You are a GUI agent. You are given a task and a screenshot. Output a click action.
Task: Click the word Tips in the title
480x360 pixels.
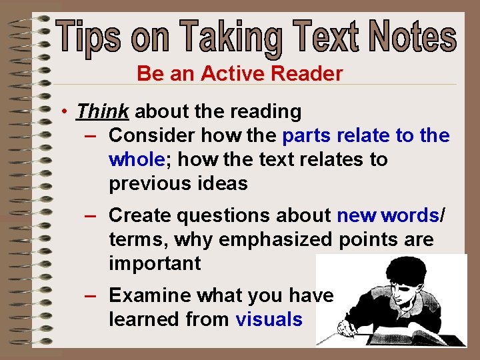[x=89, y=37]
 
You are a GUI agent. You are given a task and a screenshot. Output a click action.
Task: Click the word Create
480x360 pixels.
[x=140, y=215]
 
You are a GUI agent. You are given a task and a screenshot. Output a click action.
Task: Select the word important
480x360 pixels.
[x=154, y=263]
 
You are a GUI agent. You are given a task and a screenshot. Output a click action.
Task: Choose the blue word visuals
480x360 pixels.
[x=269, y=319]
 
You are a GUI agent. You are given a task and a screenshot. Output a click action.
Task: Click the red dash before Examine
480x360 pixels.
[x=91, y=295]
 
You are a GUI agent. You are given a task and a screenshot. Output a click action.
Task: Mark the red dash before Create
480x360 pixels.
[x=91, y=215]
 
